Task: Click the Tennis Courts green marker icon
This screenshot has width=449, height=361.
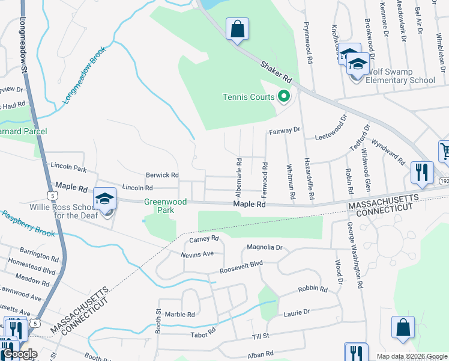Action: pos(283,96)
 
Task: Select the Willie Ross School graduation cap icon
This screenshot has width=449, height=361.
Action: pos(104,198)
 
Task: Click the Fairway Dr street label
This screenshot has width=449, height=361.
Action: pos(285,130)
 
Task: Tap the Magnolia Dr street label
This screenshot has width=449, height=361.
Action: pos(264,247)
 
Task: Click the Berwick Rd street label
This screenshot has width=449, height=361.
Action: pos(163,175)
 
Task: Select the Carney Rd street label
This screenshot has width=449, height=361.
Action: pos(206,239)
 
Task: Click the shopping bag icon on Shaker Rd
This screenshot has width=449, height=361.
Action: pos(237,28)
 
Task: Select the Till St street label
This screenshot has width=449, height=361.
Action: pos(261,335)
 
